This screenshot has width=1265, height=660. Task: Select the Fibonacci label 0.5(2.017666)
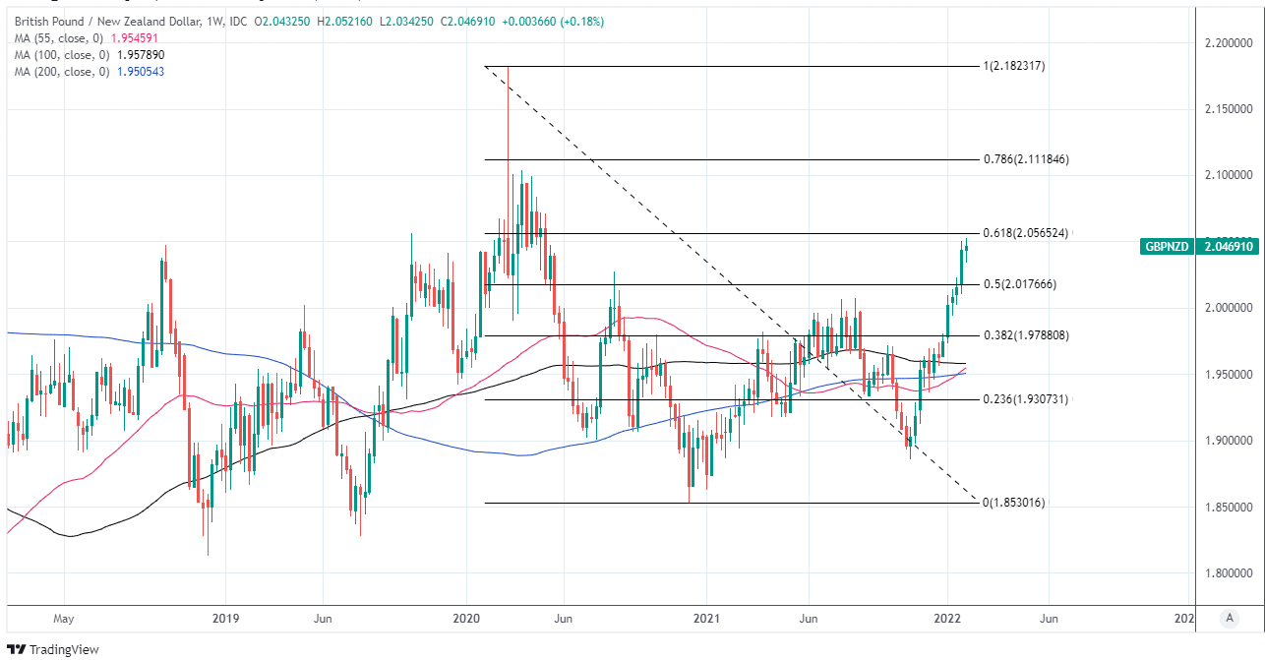[1020, 284]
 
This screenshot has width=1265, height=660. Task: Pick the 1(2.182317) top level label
[1020, 66]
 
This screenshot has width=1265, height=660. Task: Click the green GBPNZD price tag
[1166, 247]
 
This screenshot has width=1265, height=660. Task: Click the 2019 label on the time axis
[225, 619]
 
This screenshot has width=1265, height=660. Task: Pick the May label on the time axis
[63, 619]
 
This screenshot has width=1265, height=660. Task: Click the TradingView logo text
[63, 649]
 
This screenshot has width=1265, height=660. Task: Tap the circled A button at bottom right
[1228, 618]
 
